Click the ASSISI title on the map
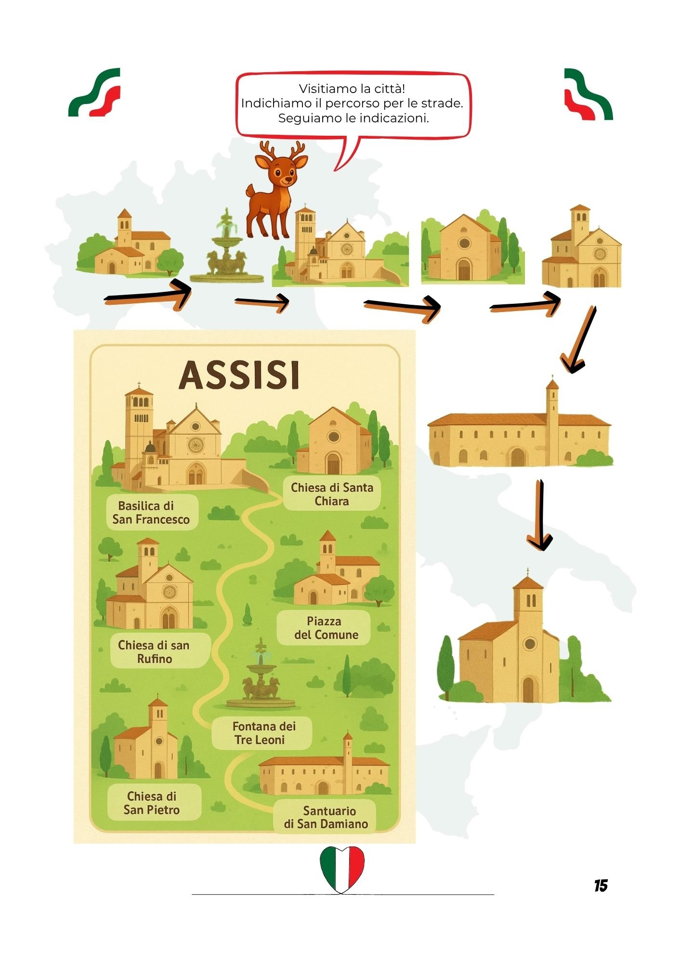click(x=239, y=375)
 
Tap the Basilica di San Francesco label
click(x=151, y=512)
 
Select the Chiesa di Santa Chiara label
click(x=332, y=494)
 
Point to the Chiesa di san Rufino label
click(x=154, y=651)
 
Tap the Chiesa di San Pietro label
click(x=152, y=803)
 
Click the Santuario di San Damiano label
click(x=326, y=817)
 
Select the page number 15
click(x=601, y=885)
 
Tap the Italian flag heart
click(x=342, y=868)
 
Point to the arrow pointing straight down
click(x=540, y=515)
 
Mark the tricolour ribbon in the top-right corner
click(x=588, y=94)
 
